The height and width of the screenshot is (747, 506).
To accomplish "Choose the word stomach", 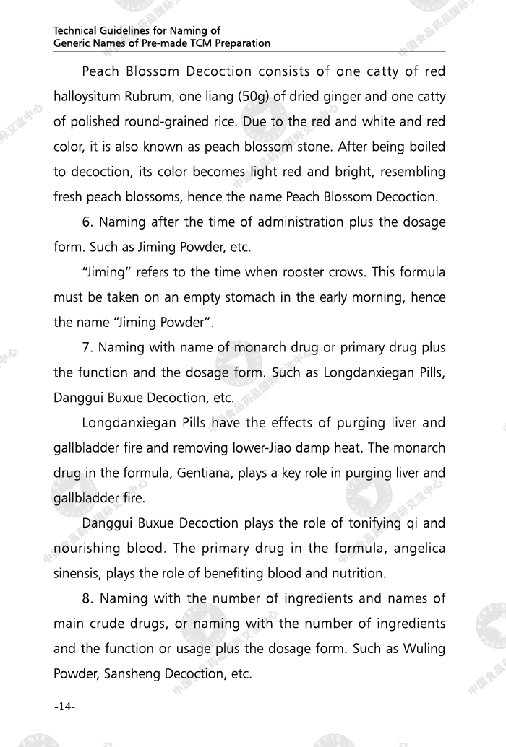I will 263,297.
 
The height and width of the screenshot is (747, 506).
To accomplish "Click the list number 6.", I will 87,222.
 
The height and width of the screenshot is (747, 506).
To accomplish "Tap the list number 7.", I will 87,348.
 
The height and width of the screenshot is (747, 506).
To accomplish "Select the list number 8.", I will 87,598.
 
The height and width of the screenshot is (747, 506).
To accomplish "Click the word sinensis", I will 77,574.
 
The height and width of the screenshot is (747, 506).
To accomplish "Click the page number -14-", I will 64,707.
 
